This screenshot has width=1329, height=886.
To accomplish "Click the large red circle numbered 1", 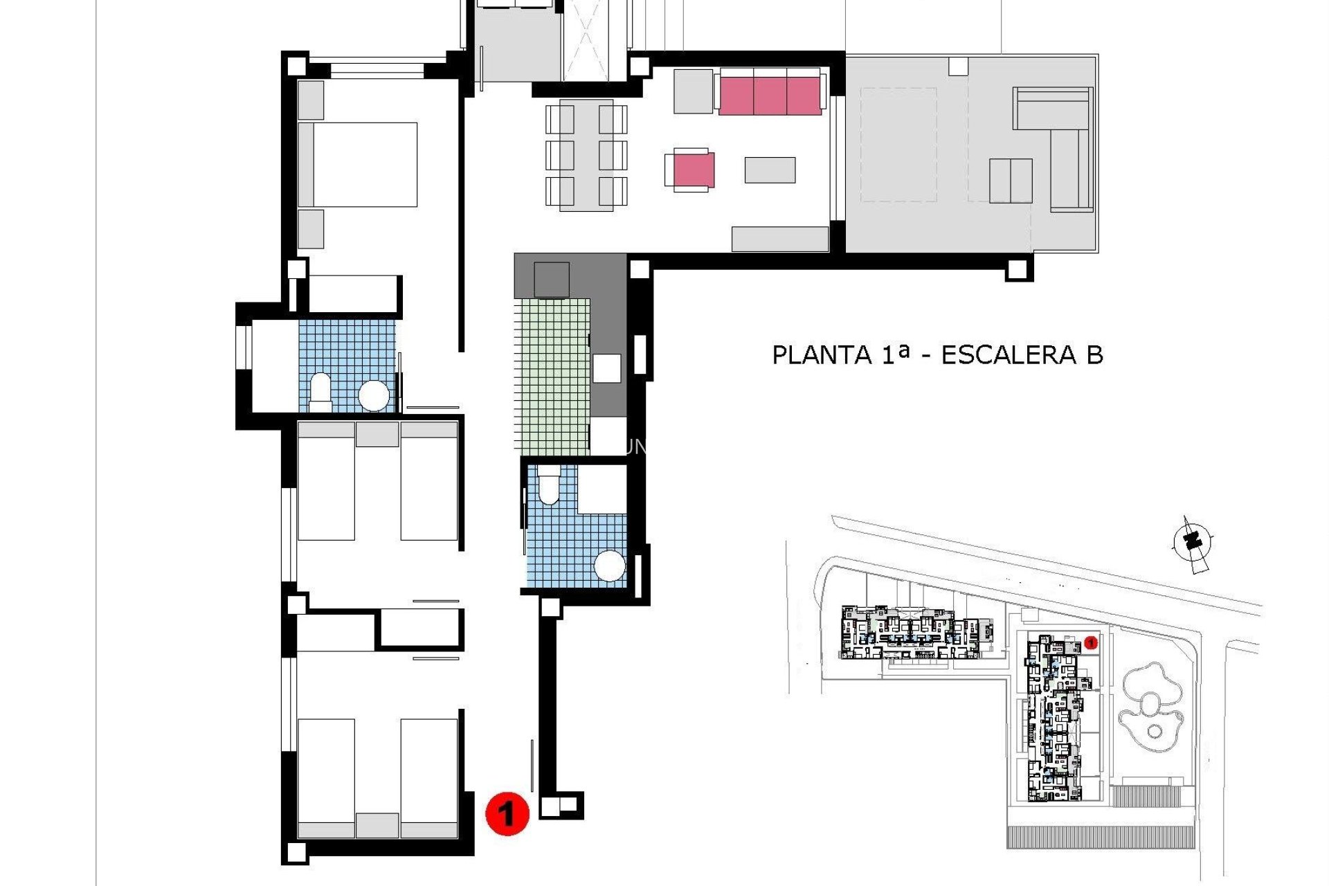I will pos(507,813).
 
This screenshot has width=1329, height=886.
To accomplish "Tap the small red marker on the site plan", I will pos(1091,643).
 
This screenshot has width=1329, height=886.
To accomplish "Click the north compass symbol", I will pos(1192,543).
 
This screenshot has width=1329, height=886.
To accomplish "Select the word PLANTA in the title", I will pos(821,355).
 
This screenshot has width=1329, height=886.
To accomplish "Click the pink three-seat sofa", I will pos(770,96).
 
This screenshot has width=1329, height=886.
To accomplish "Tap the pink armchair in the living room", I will pos(693,170).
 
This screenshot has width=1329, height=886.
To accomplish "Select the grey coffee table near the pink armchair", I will pos(770,170).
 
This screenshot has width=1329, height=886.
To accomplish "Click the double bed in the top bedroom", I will pos(365,165).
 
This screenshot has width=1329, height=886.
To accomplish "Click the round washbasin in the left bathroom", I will pos(374,396).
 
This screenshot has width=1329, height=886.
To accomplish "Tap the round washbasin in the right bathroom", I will pos(610,566).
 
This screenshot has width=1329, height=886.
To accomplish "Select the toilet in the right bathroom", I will pos(548,485).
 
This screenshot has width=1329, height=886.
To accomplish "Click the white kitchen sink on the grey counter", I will pos(606,368).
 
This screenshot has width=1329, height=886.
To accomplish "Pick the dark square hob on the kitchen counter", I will pos(552,280).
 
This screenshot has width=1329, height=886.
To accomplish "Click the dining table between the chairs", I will pos(586,156).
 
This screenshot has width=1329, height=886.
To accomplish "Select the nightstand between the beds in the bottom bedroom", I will pos(377,825).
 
